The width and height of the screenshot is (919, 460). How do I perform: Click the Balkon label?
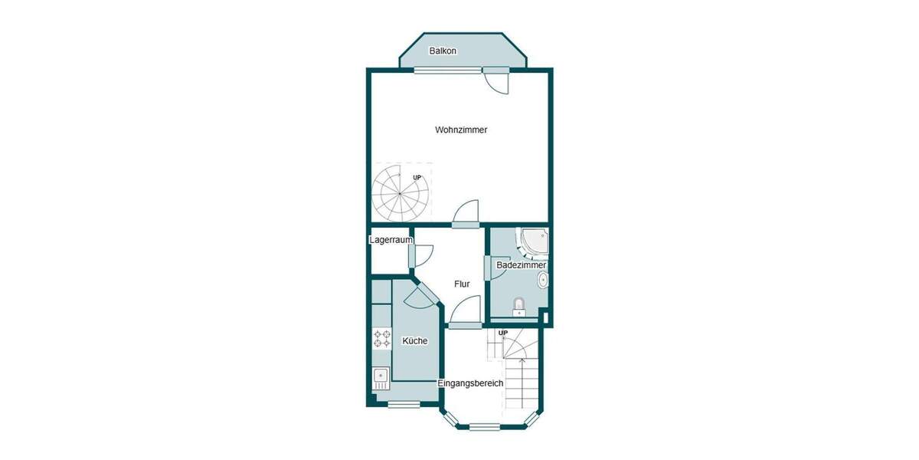pyautogui.click(x=443, y=51)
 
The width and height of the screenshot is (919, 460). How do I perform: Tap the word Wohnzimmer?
pyautogui.click(x=461, y=130)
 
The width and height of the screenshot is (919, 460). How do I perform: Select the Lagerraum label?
pyautogui.click(x=391, y=240)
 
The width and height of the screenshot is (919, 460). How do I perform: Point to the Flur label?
pyautogui.click(x=462, y=284)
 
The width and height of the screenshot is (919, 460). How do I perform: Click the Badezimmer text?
pyautogui.click(x=522, y=265)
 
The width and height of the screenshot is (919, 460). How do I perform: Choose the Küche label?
pyautogui.click(x=415, y=340)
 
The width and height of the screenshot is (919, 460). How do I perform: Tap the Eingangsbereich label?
pyautogui.click(x=470, y=383)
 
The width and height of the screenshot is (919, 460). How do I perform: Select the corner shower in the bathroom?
pyautogui.click(x=535, y=242)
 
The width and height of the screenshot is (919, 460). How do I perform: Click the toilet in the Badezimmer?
pyautogui.click(x=519, y=307)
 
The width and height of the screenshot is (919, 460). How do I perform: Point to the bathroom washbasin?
pyautogui.click(x=543, y=280)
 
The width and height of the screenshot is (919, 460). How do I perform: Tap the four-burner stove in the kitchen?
pyautogui.click(x=381, y=339)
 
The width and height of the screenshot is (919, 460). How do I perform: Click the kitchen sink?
pyautogui.click(x=381, y=376)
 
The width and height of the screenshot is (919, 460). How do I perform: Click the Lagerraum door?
pyautogui.click(x=421, y=255)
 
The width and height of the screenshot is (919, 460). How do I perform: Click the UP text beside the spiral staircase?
pyautogui.click(x=417, y=178)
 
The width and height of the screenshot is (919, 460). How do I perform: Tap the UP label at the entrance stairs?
pyautogui.click(x=503, y=333)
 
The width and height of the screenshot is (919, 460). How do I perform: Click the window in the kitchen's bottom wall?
pyautogui.click(x=404, y=404)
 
